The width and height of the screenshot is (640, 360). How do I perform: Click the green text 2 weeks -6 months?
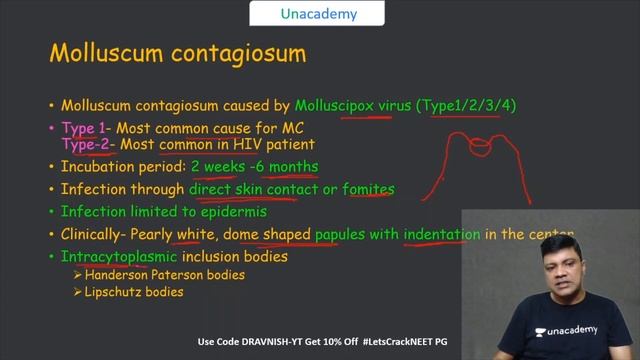(x=255, y=167)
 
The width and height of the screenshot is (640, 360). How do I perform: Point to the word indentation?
(x=442, y=235)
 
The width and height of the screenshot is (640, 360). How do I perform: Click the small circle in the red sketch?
(x=480, y=147)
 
